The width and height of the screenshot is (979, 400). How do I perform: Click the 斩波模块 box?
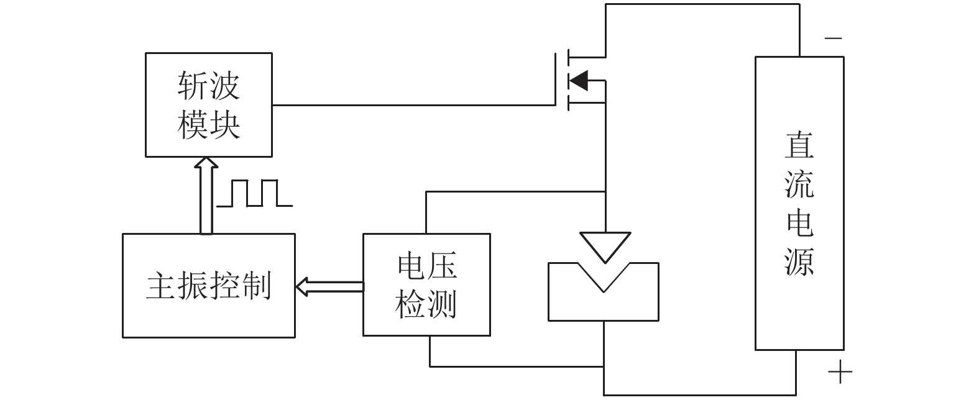tap(208, 104)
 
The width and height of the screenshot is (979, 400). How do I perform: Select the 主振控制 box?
tap(208, 286)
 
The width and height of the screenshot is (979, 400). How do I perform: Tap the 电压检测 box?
tap(426, 285)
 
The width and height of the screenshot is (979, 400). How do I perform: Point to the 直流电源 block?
tap(799, 203)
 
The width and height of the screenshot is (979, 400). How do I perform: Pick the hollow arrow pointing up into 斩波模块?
tap(206, 195)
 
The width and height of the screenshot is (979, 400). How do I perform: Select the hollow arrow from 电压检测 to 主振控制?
tap(329, 286)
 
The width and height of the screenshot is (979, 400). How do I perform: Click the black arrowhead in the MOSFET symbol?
tap(579, 80)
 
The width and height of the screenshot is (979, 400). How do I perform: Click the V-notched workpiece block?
tap(603, 298)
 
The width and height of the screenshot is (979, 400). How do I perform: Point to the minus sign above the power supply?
tap(833, 39)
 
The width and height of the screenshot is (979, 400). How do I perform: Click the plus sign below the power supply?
tap(840, 373)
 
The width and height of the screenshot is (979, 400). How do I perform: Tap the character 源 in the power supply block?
tap(799, 261)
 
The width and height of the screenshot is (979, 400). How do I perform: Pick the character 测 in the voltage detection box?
tap(443, 304)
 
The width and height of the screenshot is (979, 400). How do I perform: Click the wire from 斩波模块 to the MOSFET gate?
tap(413, 105)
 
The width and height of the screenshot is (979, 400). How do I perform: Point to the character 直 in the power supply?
tap(799, 145)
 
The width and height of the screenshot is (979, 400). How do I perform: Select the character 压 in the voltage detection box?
tap(443, 266)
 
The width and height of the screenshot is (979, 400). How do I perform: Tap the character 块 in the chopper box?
tap(224, 125)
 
